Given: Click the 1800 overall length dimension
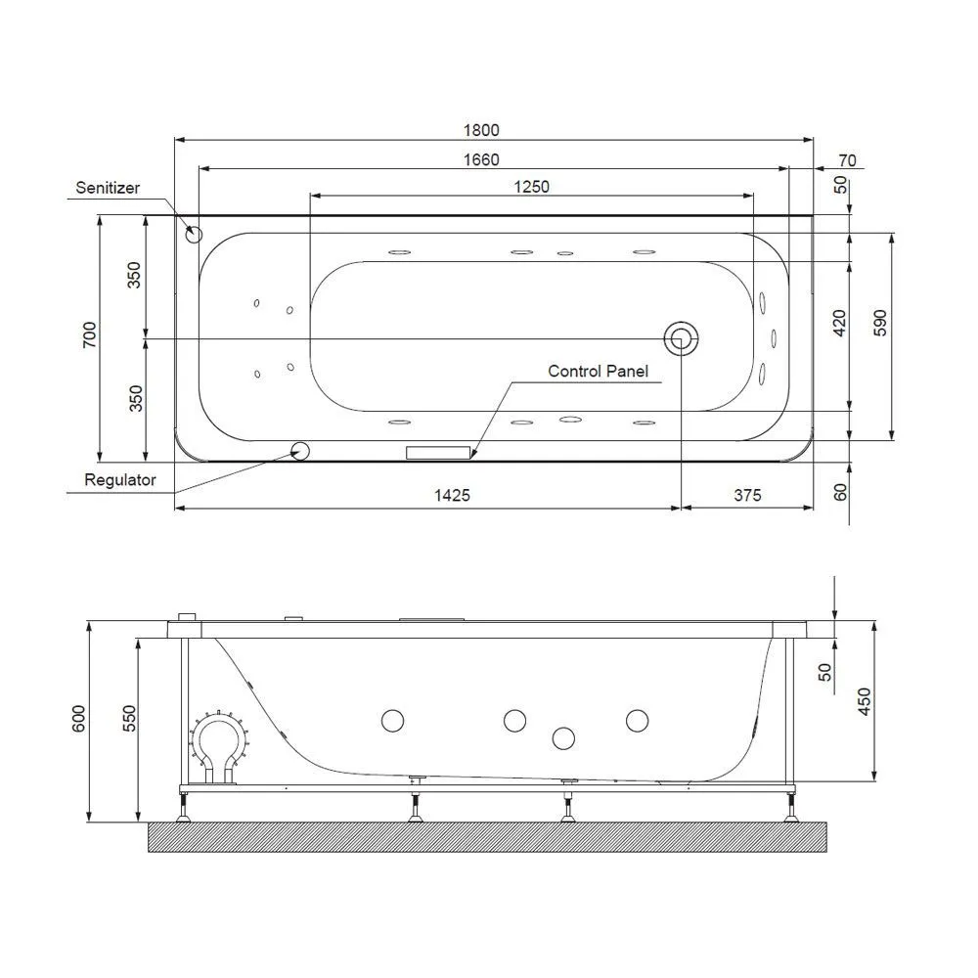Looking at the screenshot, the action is click(x=481, y=130).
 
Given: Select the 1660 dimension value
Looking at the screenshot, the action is click(x=481, y=159).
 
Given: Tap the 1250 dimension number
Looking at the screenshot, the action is click(x=531, y=187).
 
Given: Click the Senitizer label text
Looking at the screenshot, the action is click(x=108, y=188).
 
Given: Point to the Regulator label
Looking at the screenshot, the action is click(x=119, y=479).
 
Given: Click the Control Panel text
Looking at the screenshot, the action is click(x=599, y=371).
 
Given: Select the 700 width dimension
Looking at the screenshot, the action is click(x=90, y=334).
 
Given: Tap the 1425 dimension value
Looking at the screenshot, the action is click(x=452, y=495).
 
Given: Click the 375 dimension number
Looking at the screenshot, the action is click(x=747, y=495).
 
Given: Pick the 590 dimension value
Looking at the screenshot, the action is click(x=879, y=323).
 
